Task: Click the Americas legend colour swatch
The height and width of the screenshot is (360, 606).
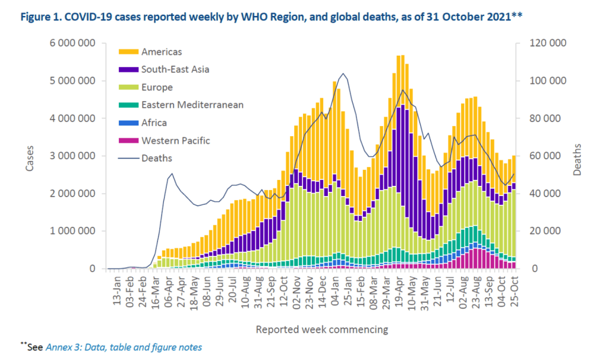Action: pyautogui.click(x=129, y=52)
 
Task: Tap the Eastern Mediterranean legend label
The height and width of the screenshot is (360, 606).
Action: pyautogui.click(x=192, y=105)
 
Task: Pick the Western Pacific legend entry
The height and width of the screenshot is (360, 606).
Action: pyautogui.click(x=176, y=140)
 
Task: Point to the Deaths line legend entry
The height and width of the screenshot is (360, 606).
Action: pyautogui.click(x=157, y=158)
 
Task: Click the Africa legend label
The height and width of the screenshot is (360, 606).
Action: pyautogui.click(x=154, y=123)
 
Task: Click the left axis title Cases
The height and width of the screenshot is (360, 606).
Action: pyautogui.click(x=30, y=157)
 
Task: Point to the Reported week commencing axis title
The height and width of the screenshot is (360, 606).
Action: pyautogui.click(x=322, y=328)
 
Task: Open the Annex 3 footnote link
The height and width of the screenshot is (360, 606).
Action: pyautogui.click(x=124, y=347)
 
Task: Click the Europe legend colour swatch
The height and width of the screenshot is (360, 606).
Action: pyautogui.click(x=129, y=87)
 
